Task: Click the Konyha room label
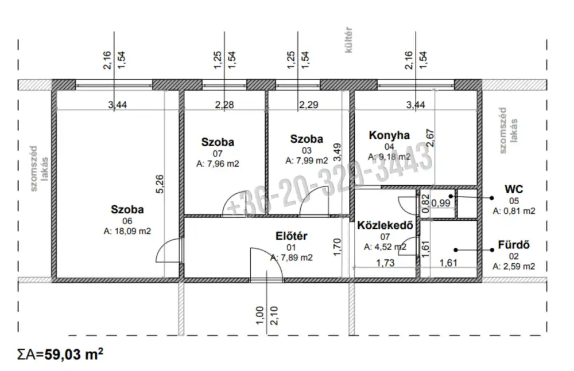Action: [389, 135]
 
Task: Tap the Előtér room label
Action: [292, 236]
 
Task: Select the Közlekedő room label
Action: [385, 225]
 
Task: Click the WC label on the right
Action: [514, 190]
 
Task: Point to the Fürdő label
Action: [514, 245]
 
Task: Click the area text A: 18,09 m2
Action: [127, 231]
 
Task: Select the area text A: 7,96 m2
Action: [218, 163]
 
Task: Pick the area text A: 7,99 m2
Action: [307, 160]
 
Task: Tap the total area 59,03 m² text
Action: [73, 354]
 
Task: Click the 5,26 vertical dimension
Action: [160, 185]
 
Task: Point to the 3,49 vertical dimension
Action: [337, 152]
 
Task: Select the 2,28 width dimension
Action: [224, 105]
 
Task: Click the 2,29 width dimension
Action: [309, 105]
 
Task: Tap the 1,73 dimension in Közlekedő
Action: [386, 263]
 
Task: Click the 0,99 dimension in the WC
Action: [441, 202]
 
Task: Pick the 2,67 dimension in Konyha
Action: [430, 138]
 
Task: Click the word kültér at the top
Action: [348, 40]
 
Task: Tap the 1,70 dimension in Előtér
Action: [337, 247]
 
